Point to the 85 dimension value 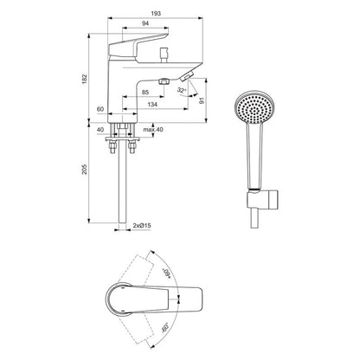tap(145, 91)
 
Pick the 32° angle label tap(179, 90)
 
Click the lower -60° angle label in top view tap(189, 330)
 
